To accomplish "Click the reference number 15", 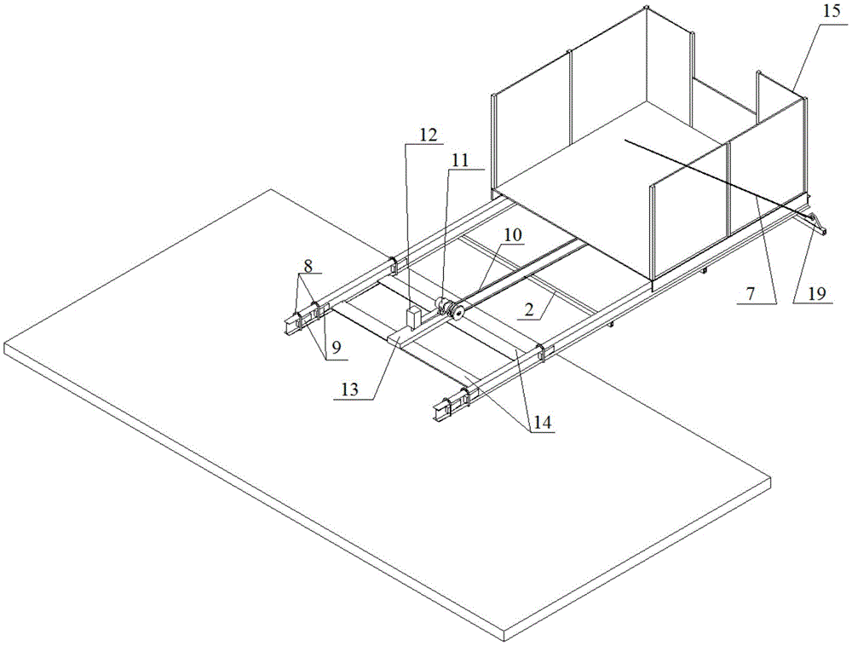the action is click(832, 11).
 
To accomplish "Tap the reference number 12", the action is click(429, 135).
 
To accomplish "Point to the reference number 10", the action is click(512, 235).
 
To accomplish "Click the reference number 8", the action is click(308, 266).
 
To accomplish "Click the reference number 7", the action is click(750, 293).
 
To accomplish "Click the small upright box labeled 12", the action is click(414, 318).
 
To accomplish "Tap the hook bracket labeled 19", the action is click(817, 224).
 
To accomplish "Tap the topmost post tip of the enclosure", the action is click(647, 7).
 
